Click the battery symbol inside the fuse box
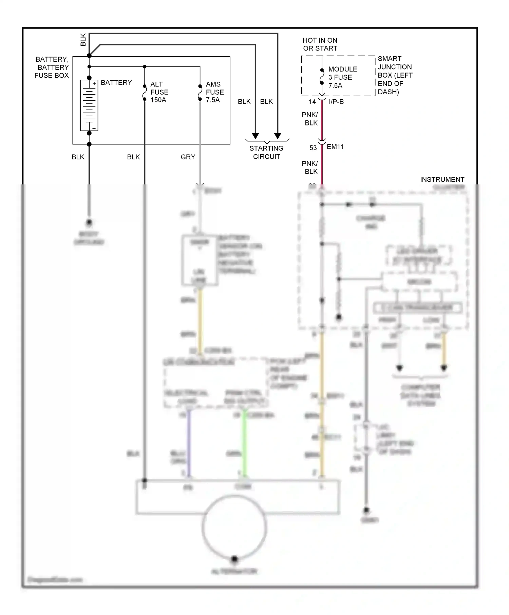coord(89,105)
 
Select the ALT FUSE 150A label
coord(159,92)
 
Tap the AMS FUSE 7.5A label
coord(214,92)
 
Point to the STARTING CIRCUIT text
coord(266,152)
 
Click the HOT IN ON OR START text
coord(320,44)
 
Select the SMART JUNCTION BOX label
coord(395,75)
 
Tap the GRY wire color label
coord(188,157)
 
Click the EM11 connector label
coord(335,147)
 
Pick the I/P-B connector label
coord(336,102)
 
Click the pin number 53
coord(313,148)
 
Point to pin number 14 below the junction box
coord(312,102)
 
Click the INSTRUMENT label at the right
coord(442,179)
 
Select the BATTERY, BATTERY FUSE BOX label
coord(52,67)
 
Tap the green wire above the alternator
coord(244,444)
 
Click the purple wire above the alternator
coord(189,444)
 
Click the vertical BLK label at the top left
coord(83,40)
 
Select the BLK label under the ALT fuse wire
coord(133,157)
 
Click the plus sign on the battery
coord(94,83)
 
